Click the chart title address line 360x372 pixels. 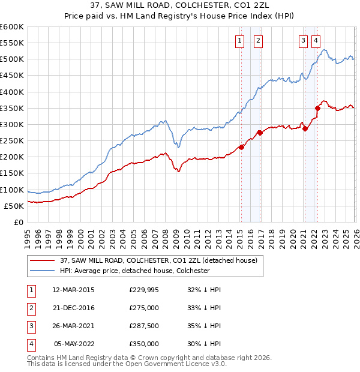(179, 6)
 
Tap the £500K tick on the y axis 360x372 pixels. (12, 59)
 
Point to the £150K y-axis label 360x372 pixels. (12, 173)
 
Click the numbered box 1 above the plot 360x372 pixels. (239, 41)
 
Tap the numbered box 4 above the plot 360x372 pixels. (316, 41)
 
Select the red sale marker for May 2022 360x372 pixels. (318, 108)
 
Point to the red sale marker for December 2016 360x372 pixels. (260, 133)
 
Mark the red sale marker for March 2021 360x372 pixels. (305, 128)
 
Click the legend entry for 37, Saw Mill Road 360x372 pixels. (158, 260)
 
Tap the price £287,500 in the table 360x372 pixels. (144, 326)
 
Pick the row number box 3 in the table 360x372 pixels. (31, 326)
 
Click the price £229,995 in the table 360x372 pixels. (144, 290)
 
